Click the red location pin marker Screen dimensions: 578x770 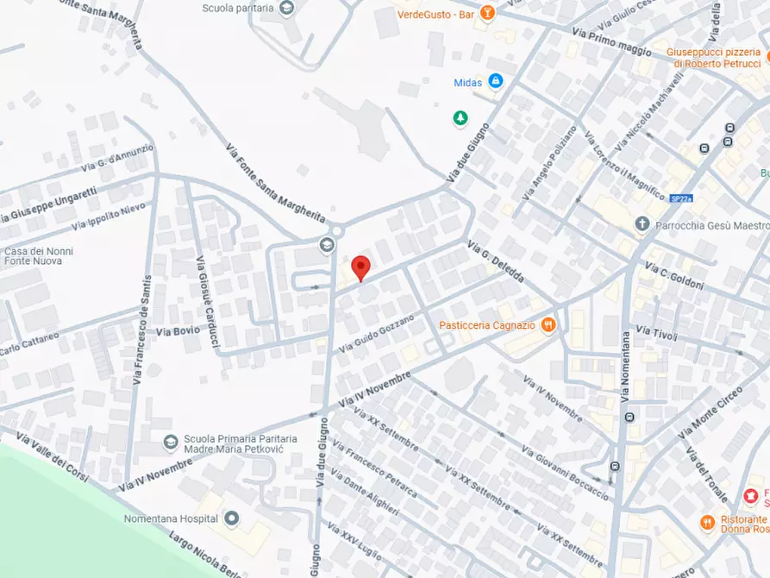click(x=361, y=267)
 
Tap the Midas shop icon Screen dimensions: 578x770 click(x=495, y=82)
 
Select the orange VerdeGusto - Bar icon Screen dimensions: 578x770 click(x=487, y=13)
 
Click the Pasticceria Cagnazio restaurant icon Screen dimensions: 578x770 click(x=549, y=325)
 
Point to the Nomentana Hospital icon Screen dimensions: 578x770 click(x=231, y=519)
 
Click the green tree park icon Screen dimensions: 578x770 click(x=460, y=117)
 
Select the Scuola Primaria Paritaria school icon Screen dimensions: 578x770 click(x=171, y=443)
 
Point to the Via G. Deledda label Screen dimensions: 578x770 click(x=496, y=264)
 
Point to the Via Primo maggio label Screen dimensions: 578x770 click(x=610, y=41)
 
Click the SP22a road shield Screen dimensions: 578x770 click(x=681, y=198)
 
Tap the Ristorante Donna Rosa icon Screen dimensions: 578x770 click(x=707, y=521)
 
